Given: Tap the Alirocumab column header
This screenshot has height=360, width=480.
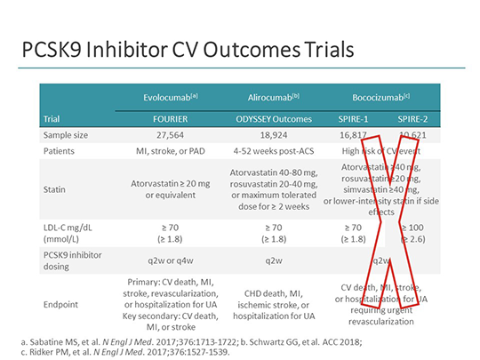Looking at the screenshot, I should pyautogui.click(x=268, y=96).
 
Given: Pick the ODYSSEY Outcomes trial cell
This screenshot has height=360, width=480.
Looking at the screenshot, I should pyautogui.click(x=268, y=116).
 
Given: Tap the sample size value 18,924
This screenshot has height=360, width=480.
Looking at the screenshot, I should pyautogui.click(x=268, y=135).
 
